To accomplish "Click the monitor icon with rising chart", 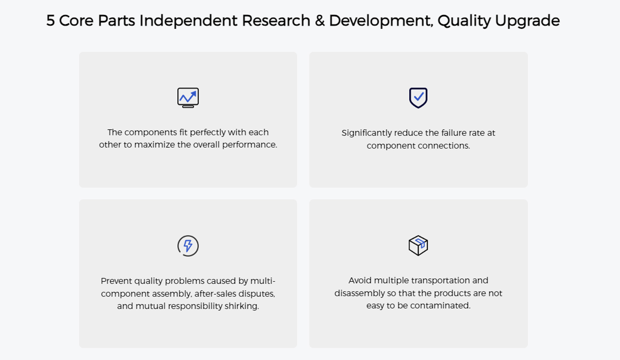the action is pos(188,98).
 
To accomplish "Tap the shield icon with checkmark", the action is pos(418,98).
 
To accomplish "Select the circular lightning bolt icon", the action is pos(188,246).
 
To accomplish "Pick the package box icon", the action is pos(418,245).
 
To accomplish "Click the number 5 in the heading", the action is pos(50,21).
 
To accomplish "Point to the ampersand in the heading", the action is pos(320,21).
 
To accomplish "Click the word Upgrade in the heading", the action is pos(527,22).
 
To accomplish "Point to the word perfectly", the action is pos(208,133).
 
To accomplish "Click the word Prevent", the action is pos(116,281).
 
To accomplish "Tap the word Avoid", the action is pos(360,281).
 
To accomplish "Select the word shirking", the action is pos(242,306).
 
